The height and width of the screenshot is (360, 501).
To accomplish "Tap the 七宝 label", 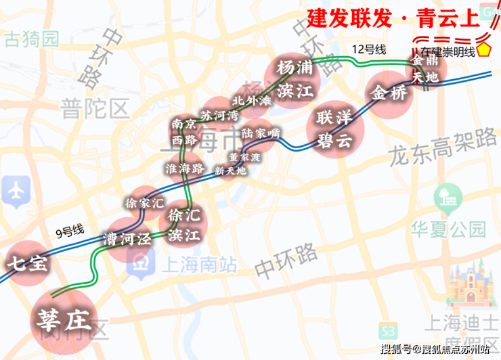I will tap(28, 263).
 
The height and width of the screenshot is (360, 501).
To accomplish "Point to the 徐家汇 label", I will tap(145, 202).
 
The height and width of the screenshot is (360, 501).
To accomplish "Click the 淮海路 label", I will tap(185, 168).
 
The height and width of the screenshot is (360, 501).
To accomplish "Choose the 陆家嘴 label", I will tap(260, 133).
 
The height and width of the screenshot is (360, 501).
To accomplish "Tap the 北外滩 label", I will tap(251, 101).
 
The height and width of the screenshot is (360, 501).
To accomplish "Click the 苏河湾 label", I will tap(219, 116).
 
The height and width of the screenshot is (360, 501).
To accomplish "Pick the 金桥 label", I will tap(390, 93).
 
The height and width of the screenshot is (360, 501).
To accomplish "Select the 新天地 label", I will tap(230, 171).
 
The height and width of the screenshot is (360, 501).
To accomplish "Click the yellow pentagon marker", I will tap(485, 50).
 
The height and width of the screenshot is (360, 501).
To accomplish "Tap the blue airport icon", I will tap(16, 190).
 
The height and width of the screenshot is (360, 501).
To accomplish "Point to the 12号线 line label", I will tap(369, 49).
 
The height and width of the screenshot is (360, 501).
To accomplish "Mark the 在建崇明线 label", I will tap(448, 52).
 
